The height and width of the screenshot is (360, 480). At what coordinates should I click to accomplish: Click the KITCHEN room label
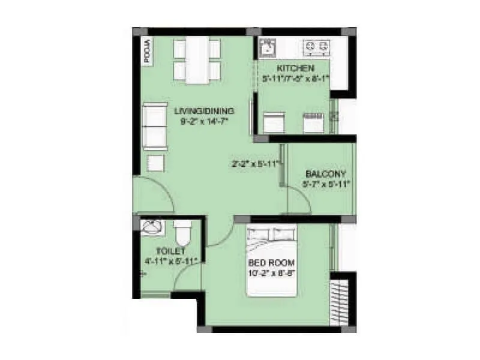click(x=293, y=68)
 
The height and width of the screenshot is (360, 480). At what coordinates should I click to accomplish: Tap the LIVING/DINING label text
click(x=204, y=111)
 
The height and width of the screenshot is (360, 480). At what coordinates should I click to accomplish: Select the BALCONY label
click(x=325, y=174)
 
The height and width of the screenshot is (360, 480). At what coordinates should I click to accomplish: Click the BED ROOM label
click(x=271, y=263)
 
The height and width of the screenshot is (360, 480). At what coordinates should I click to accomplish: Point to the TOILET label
click(x=170, y=251)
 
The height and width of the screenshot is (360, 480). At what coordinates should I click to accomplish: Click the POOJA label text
click(x=146, y=50)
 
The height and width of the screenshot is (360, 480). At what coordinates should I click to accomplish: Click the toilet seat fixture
click(x=182, y=231)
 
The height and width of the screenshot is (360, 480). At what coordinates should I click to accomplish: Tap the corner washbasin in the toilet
click(x=151, y=227)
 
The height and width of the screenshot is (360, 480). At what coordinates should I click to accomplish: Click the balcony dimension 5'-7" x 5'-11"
click(x=326, y=184)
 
